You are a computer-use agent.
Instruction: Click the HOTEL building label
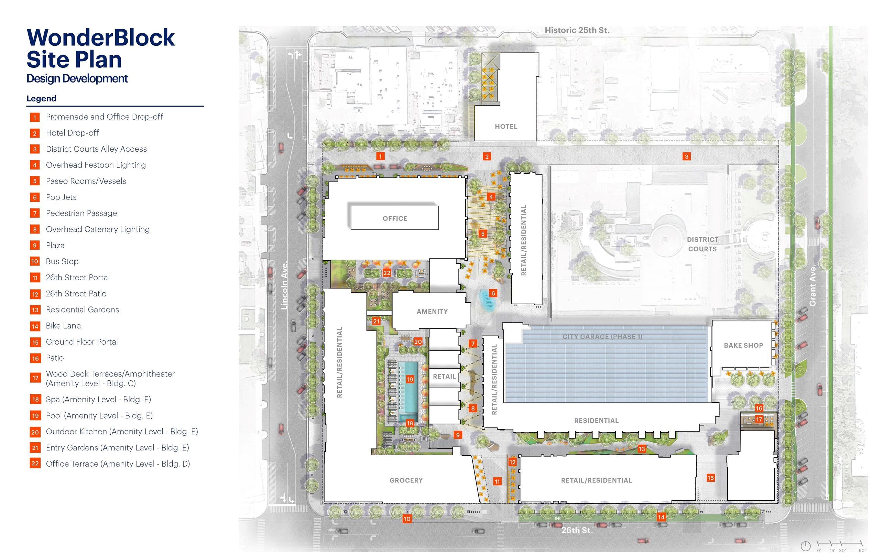click(x=506, y=127)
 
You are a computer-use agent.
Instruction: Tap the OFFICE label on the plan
click(x=394, y=218)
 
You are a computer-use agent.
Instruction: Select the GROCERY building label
click(x=406, y=480)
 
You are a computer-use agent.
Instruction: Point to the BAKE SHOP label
click(x=743, y=345)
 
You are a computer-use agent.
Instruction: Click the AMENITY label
click(x=432, y=312)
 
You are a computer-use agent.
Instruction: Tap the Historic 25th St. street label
click(x=577, y=31)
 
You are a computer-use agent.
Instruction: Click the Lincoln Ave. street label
click(x=285, y=285)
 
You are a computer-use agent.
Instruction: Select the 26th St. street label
click(x=577, y=530)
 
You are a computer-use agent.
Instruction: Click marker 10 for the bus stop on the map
click(x=407, y=519)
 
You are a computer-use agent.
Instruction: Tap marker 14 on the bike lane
click(x=661, y=517)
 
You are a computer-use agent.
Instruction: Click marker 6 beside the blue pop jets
click(x=493, y=293)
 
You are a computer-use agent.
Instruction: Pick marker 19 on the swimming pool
click(x=410, y=379)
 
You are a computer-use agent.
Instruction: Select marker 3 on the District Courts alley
click(x=687, y=156)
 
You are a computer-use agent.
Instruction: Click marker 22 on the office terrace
click(x=387, y=273)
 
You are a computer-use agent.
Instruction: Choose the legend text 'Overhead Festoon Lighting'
click(x=96, y=165)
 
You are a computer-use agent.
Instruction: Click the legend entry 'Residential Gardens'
click(x=82, y=310)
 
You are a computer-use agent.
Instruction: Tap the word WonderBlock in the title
click(x=100, y=37)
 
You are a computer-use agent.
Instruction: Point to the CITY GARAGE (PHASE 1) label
click(x=602, y=337)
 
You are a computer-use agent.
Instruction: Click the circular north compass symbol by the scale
click(x=805, y=546)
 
